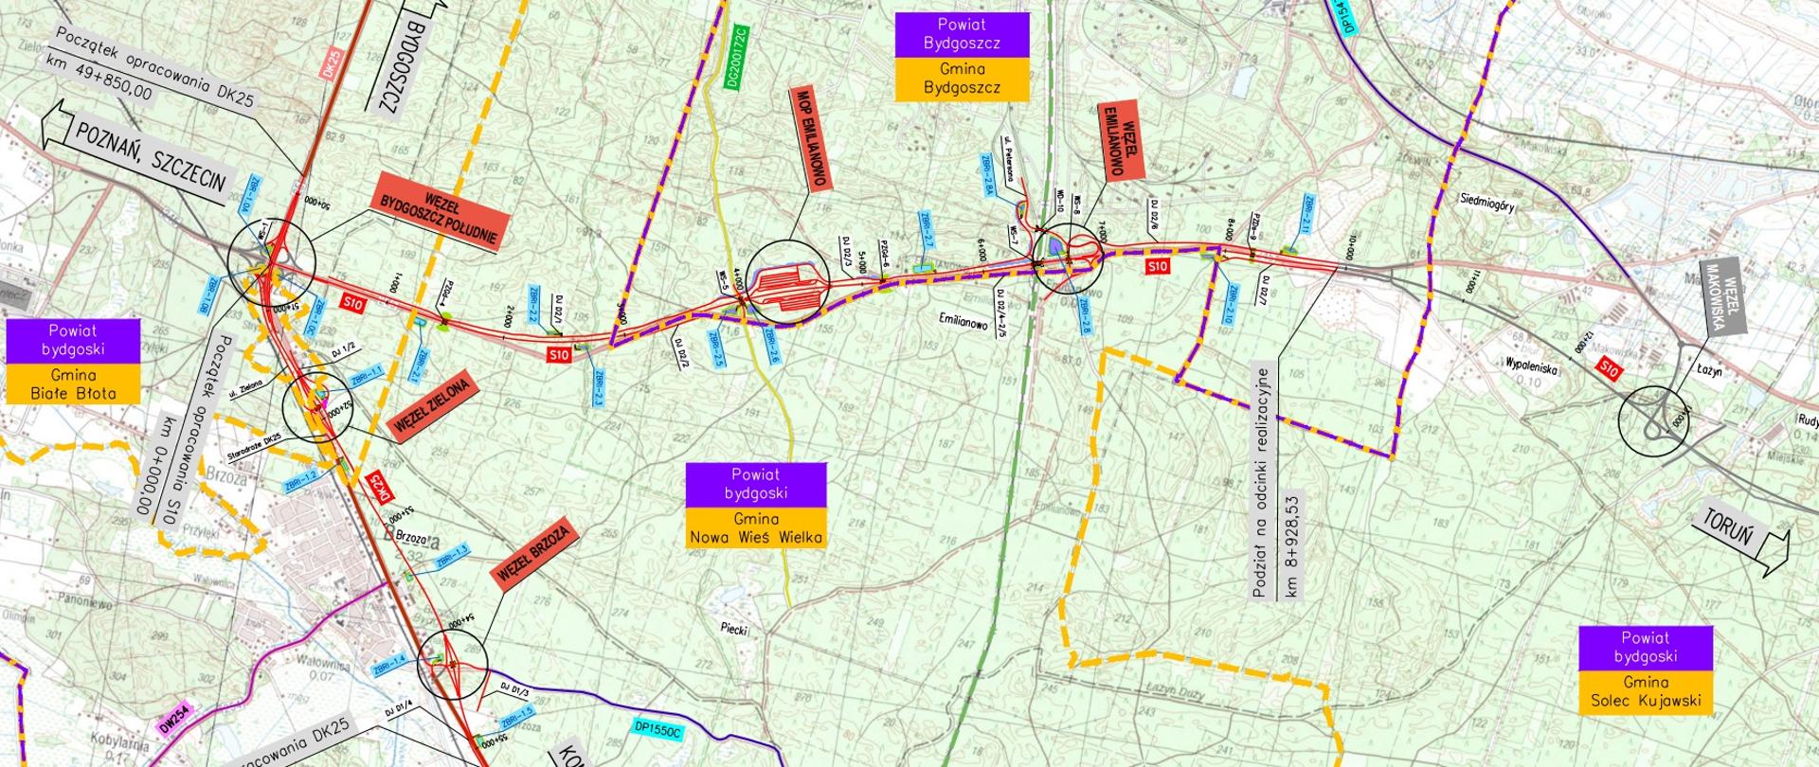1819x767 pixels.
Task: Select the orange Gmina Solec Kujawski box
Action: (x=1645, y=692)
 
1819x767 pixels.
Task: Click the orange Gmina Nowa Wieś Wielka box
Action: (x=756, y=528)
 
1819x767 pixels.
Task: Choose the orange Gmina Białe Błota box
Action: (x=73, y=383)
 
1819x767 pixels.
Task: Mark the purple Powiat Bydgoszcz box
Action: (x=962, y=33)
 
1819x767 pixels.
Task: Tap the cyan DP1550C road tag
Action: (x=659, y=731)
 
